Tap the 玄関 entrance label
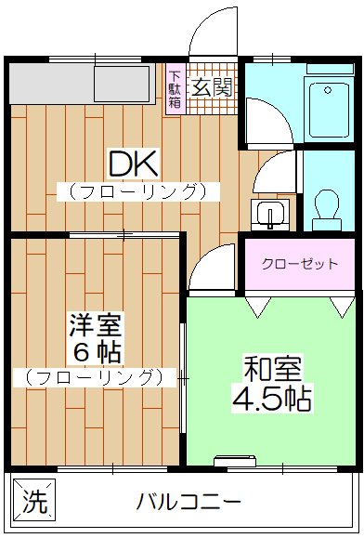point(213,88)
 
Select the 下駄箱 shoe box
point(175,88)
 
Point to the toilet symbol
point(327,207)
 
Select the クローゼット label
point(299,264)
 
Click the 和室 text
point(272,369)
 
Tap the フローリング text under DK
point(137,192)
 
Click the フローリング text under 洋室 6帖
point(95,377)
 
